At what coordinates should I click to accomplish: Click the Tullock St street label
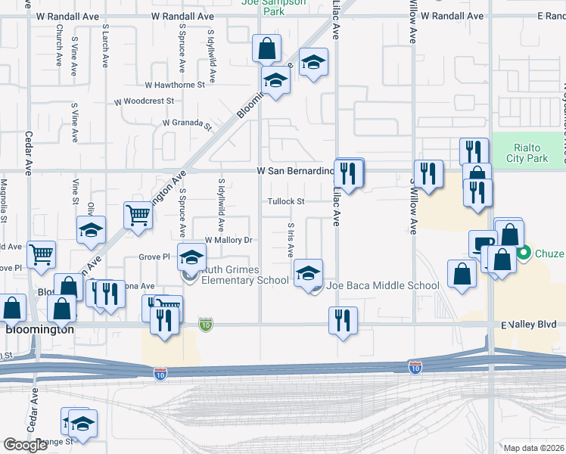pyautogui.click(x=285, y=201)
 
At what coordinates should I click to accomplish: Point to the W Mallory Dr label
pyautogui.click(x=227, y=240)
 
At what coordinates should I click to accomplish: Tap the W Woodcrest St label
pyautogui.click(x=145, y=101)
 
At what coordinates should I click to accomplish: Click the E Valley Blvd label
pyautogui.click(x=533, y=325)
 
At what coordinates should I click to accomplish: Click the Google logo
pyautogui.click(x=25, y=445)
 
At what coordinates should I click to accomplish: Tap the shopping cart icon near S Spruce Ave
pyautogui.click(x=138, y=214)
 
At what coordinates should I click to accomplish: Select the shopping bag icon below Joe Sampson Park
pyautogui.click(x=266, y=49)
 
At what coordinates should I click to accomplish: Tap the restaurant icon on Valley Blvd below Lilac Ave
pyautogui.click(x=343, y=320)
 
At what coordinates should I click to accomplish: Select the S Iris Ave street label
pyautogui.click(x=291, y=240)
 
